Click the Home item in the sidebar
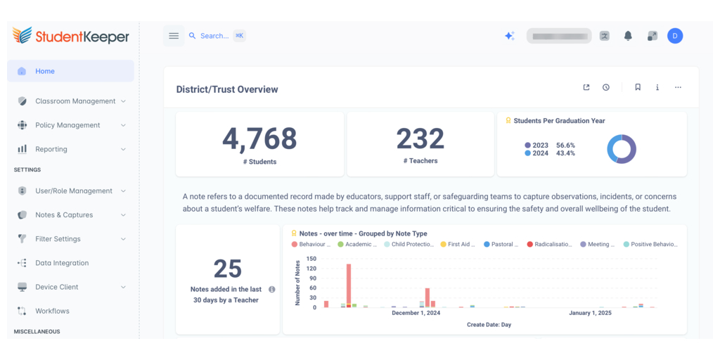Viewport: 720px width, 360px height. pyautogui.click(x=45, y=71)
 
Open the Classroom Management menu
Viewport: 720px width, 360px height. pyautogui.click(x=75, y=101)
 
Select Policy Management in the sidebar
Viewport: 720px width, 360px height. pyautogui.click(x=67, y=125)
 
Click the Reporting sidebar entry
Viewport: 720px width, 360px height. pyautogui.click(x=51, y=149)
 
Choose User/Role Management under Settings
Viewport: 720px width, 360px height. pyautogui.click(x=73, y=191)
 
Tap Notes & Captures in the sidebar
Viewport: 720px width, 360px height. pyautogui.click(x=64, y=215)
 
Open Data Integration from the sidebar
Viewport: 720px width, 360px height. pyautogui.click(x=62, y=263)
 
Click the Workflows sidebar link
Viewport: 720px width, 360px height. pyautogui.click(x=52, y=311)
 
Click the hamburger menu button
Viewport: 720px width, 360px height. pyautogui.click(x=174, y=36)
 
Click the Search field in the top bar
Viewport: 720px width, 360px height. pyautogui.click(x=214, y=36)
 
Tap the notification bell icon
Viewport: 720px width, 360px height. pyautogui.click(x=628, y=36)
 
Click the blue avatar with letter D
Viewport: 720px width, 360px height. pyautogui.click(x=675, y=36)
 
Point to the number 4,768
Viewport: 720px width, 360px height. pyautogui.click(x=259, y=139)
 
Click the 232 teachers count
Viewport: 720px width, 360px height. pyautogui.click(x=420, y=139)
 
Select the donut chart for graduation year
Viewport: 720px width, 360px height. pyautogui.click(x=622, y=149)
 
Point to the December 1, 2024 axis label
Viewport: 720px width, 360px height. pyautogui.click(x=416, y=313)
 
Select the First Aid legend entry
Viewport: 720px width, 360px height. pyautogui.click(x=458, y=244)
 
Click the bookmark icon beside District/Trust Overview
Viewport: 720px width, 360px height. pyautogui.click(x=638, y=87)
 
